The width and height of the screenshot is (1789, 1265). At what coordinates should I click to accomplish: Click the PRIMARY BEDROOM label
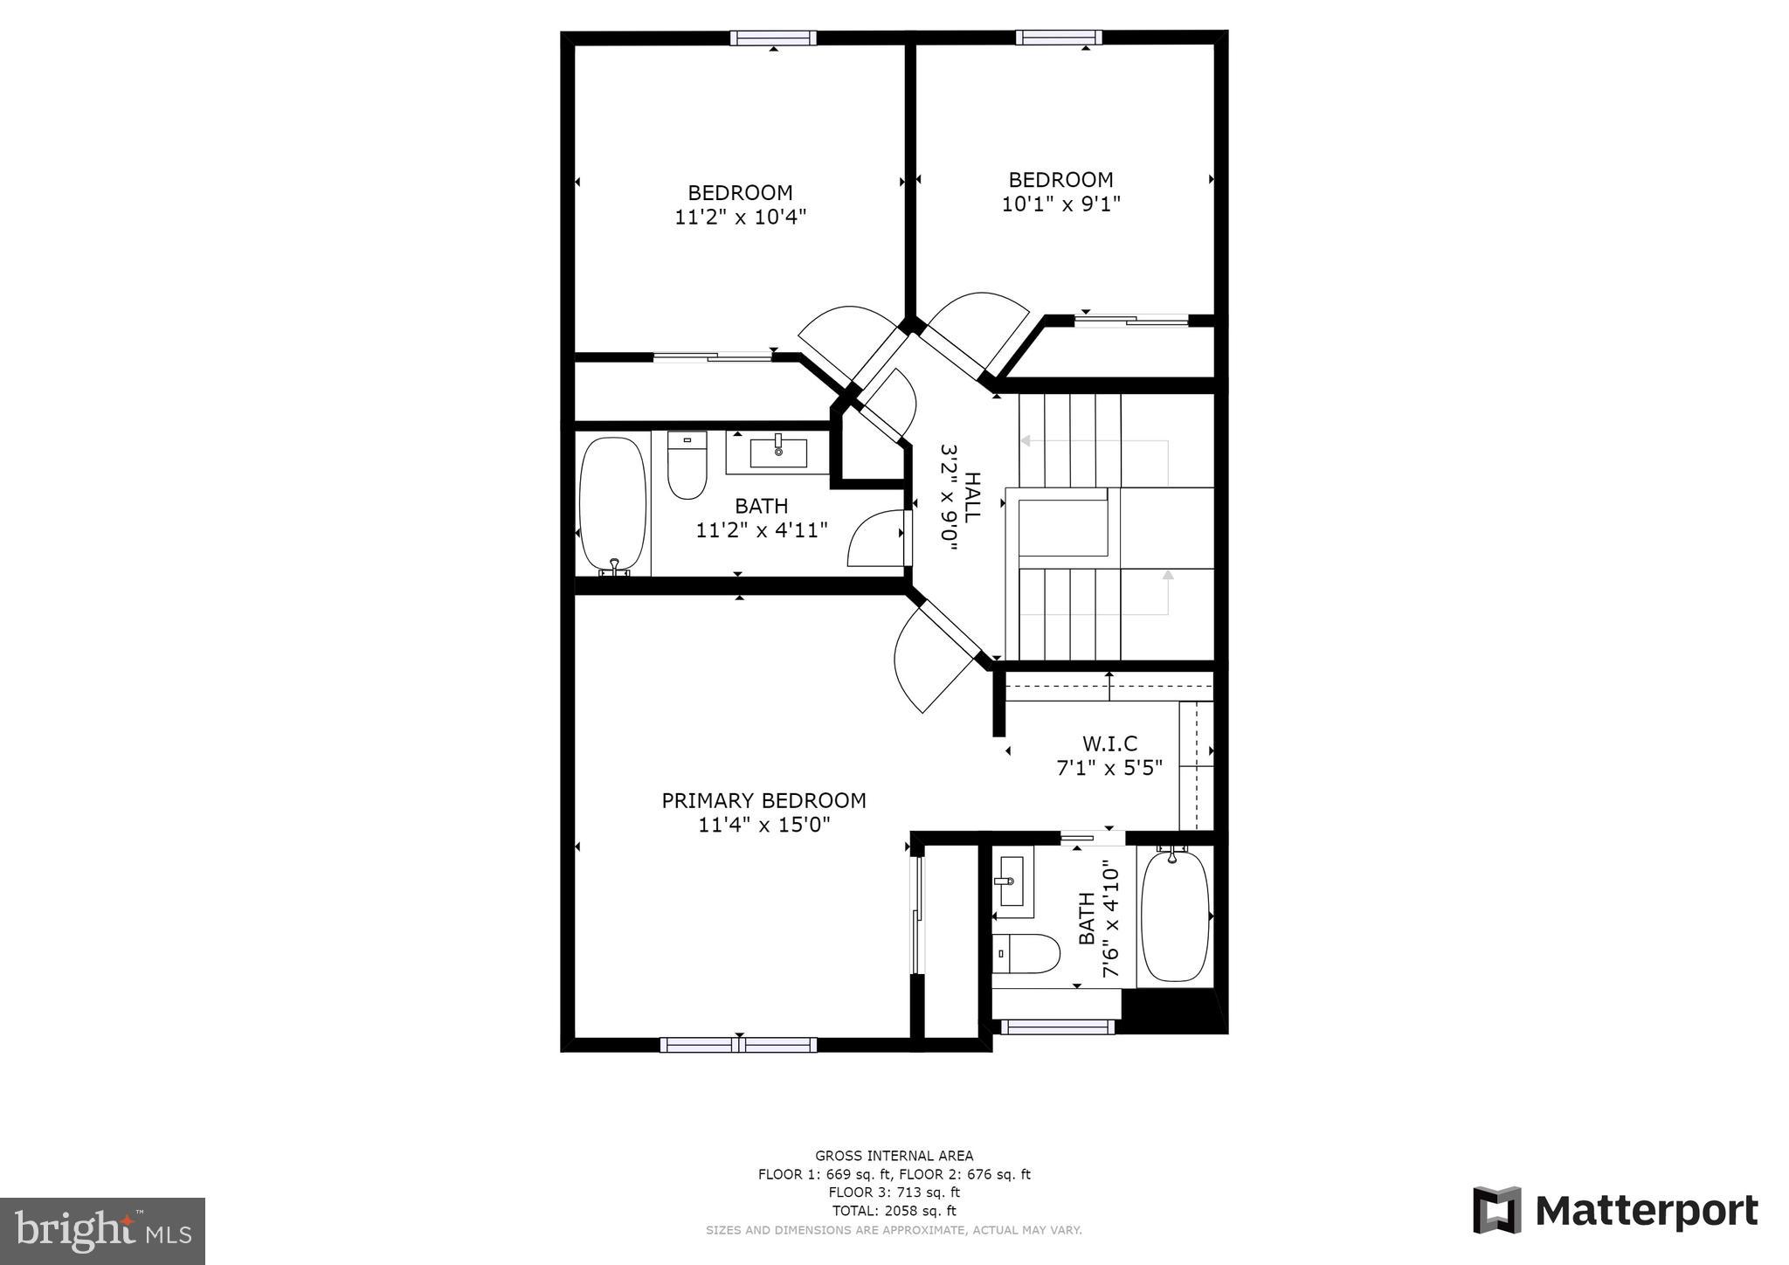763,800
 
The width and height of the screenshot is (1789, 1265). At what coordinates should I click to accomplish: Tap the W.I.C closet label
1109,743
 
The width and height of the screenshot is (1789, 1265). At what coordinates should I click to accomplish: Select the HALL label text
971,497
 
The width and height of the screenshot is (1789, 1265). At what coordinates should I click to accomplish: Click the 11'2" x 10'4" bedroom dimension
740,217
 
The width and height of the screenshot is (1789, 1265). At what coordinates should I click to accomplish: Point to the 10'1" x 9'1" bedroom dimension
1060,204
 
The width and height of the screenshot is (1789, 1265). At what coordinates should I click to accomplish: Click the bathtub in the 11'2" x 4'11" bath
613,504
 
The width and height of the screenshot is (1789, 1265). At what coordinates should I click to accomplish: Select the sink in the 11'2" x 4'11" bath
777,453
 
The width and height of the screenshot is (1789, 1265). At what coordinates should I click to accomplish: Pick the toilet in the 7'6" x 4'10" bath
1026,953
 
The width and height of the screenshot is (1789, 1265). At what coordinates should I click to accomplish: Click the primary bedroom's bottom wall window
738,1045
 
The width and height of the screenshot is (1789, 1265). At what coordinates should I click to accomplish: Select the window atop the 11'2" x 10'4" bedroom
773,38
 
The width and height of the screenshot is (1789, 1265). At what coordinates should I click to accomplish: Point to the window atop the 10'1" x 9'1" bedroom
1058,38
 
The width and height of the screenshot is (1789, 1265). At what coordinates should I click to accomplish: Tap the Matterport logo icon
1496,1210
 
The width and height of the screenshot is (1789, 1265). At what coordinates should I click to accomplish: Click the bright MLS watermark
102,1231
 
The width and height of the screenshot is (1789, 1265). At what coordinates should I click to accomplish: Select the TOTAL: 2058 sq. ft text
894,1211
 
